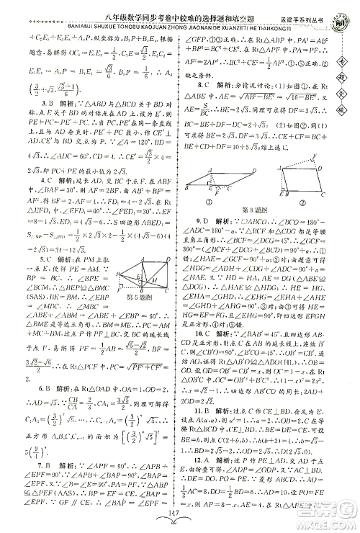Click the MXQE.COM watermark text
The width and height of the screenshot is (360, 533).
(x=327, y=516)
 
